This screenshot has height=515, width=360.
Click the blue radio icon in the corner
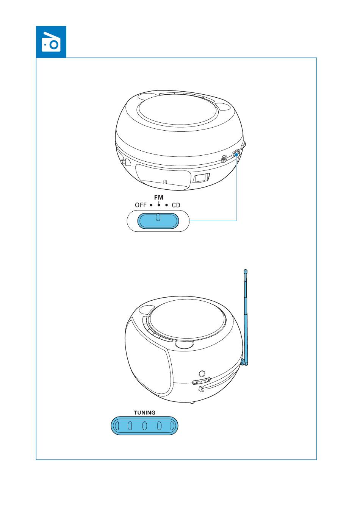click(x=51, y=42)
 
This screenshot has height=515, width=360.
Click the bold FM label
click(x=159, y=198)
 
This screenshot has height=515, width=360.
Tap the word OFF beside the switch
click(x=141, y=205)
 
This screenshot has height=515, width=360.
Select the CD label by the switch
click(x=176, y=205)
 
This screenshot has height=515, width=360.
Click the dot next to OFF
click(x=151, y=205)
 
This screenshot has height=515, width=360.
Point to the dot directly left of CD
click(x=166, y=205)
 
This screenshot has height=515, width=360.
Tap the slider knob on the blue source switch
click(x=158, y=217)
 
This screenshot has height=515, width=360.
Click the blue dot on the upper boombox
click(x=236, y=154)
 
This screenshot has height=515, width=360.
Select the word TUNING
click(x=145, y=413)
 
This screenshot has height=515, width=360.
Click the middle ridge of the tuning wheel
click(x=144, y=426)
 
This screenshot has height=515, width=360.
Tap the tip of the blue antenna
click(x=246, y=271)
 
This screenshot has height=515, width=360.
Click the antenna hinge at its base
click(x=244, y=362)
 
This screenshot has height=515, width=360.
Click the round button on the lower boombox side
click(x=202, y=373)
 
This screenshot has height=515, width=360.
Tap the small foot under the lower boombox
click(x=192, y=402)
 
